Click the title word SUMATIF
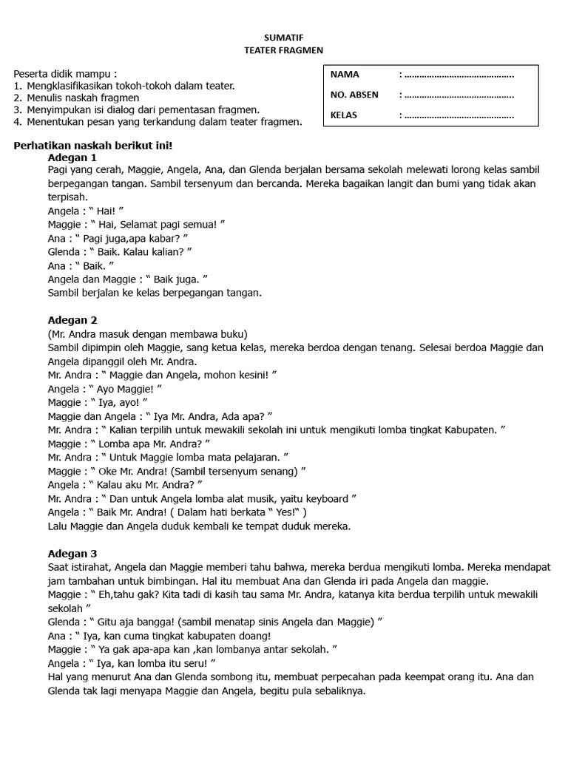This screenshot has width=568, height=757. [284, 35]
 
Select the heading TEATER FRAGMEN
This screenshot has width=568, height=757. [284, 50]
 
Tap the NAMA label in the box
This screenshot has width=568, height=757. [345, 75]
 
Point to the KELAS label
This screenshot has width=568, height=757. [344, 115]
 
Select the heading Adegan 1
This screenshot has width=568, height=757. [72, 157]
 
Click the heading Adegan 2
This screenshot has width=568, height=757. [72, 319]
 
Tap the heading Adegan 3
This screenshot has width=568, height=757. [72, 553]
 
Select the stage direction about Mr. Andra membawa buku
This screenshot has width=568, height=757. [147, 333]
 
